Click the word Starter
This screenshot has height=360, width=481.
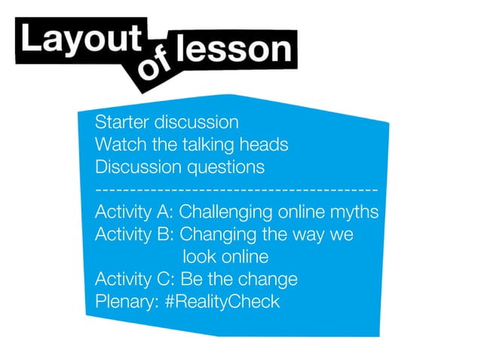(x=121, y=122)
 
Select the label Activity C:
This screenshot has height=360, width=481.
(x=135, y=279)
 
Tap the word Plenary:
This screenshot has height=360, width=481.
(x=127, y=302)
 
